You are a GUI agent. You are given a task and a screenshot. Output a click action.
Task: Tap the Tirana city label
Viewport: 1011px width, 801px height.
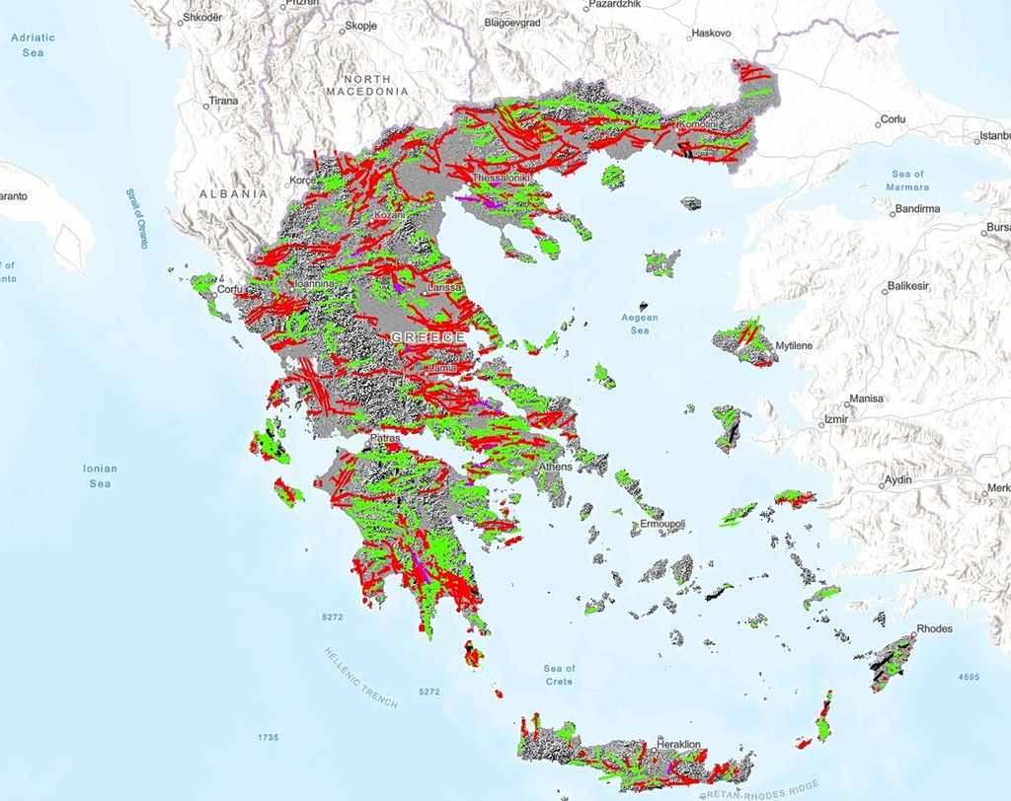[x=223, y=101]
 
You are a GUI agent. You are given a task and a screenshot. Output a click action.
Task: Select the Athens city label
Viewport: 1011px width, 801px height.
[x=555, y=466]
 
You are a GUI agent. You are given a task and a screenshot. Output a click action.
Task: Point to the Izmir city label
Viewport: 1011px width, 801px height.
[x=837, y=419]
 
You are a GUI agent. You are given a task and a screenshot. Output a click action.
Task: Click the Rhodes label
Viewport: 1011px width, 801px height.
[x=934, y=628]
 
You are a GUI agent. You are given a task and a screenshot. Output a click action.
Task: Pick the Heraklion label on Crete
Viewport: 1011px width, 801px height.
[x=677, y=744]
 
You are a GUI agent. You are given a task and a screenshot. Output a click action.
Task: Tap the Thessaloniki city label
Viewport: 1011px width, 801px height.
[x=503, y=179]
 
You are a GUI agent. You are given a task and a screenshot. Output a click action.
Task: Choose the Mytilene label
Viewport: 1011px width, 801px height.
[x=794, y=346]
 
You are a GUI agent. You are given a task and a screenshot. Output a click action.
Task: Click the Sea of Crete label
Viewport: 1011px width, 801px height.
[x=558, y=675]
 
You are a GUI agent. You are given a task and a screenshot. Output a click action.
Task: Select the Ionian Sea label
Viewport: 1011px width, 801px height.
[x=100, y=475]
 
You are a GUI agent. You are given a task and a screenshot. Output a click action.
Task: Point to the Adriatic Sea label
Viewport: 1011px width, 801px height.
[x=33, y=44]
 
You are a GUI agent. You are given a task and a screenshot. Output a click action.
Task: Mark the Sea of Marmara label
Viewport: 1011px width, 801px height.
[x=907, y=181]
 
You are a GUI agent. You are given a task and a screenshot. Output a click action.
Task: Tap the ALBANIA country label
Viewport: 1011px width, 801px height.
[x=233, y=194]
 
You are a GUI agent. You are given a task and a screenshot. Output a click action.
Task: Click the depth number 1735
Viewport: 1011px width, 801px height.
[x=269, y=737]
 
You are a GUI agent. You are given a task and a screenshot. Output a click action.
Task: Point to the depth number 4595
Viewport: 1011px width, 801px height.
[x=968, y=677]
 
